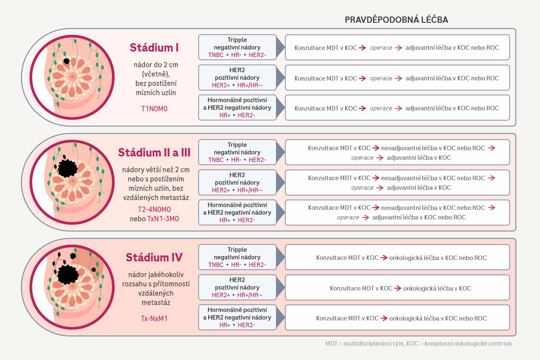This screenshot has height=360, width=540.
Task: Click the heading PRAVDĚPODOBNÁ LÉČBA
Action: click(x=396, y=19)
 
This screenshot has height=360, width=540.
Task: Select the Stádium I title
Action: click(x=154, y=48)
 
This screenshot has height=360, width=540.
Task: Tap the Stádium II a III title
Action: click(x=154, y=153)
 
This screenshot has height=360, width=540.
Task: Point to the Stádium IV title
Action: click(x=154, y=257)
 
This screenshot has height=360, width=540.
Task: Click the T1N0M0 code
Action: click(x=154, y=109)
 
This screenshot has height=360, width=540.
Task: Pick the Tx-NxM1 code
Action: click(x=154, y=319)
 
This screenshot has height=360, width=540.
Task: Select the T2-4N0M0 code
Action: click(x=154, y=210)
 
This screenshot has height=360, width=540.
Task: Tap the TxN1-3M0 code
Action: click(x=163, y=219)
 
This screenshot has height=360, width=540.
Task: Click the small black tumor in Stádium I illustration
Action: click(x=67, y=61)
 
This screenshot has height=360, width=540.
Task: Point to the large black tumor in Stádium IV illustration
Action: click(x=68, y=275)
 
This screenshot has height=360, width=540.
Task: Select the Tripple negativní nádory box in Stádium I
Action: click(x=237, y=47)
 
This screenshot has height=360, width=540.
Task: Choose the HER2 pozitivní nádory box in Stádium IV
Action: click(x=237, y=287)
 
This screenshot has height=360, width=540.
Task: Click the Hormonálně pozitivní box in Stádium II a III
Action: click(x=237, y=212)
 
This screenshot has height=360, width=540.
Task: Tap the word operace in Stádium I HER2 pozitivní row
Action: click(x=381, y=78)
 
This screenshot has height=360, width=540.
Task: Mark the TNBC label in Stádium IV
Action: click(x=216, y=265)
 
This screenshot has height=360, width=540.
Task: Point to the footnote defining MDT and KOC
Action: click(x=418, y=344)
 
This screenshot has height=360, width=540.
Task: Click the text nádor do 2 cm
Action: click(x=156, y=65)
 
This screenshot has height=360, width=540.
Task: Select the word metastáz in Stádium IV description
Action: click(x=156, y=303)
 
